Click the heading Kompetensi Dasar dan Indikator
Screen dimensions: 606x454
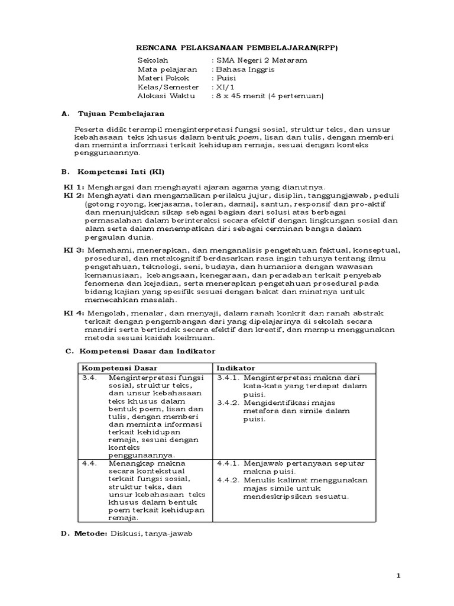tap(140, 352)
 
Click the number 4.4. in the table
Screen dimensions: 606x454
tap(89, 463)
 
